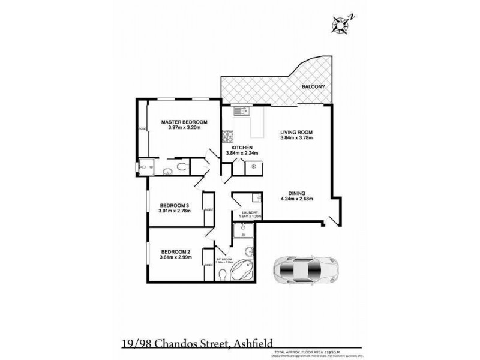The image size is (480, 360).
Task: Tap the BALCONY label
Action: [x=313, y=87]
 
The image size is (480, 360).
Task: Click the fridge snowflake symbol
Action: [x=254, y=166]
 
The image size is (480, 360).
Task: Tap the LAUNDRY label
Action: [x=250, y=212]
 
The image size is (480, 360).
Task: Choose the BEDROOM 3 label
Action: [x=175, y=205]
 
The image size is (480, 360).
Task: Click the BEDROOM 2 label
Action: [x=175, y=252]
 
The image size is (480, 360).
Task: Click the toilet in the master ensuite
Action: [x=182, y=166]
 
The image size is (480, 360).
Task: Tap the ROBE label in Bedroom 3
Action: [x=209, y=210]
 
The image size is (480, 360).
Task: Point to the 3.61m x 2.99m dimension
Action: [x=175, y=258]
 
